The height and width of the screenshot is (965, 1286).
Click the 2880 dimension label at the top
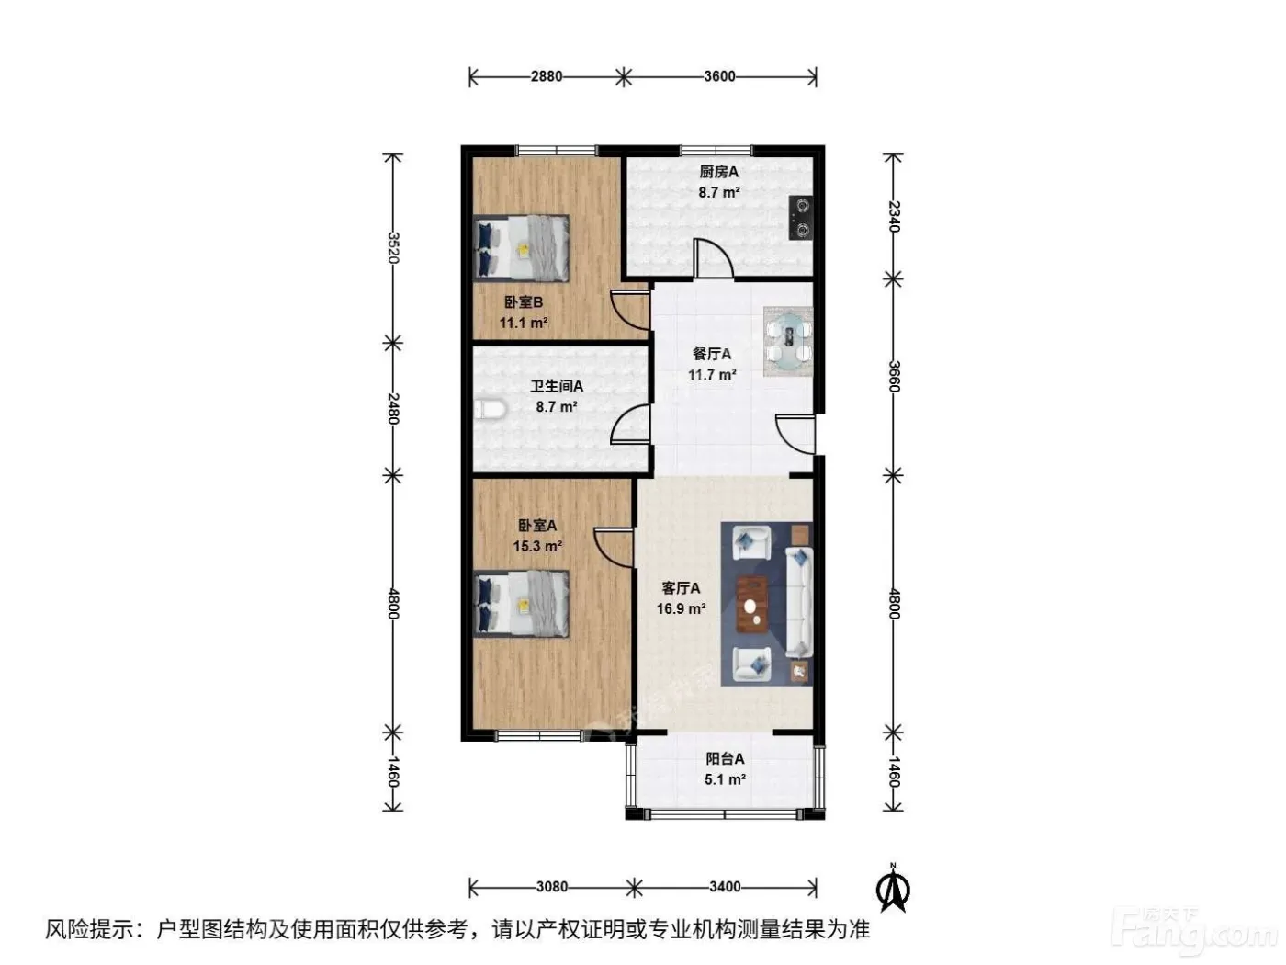(546, 77)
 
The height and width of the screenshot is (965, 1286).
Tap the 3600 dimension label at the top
(719, 77)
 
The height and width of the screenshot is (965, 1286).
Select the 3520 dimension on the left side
(393, 247)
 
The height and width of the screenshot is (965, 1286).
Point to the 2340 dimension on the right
(893, 216)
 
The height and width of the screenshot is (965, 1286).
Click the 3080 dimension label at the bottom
(552, 887)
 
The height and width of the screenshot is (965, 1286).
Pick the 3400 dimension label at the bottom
(725, 887)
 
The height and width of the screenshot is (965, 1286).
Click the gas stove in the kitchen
(800, 218)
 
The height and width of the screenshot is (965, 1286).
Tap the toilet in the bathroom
(490, 409)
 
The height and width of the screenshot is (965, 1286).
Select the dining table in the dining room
(788, 342)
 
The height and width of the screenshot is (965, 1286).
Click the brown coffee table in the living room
(752, 604)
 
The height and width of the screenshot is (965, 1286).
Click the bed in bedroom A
(521, 604)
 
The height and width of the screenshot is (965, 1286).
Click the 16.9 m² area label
(681, 608)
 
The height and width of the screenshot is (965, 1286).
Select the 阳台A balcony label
(725, 759)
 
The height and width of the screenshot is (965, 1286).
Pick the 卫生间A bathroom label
(557, 386)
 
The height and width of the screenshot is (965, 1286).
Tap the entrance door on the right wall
(795, 434)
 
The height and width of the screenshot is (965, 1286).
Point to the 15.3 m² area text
(538, 546)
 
